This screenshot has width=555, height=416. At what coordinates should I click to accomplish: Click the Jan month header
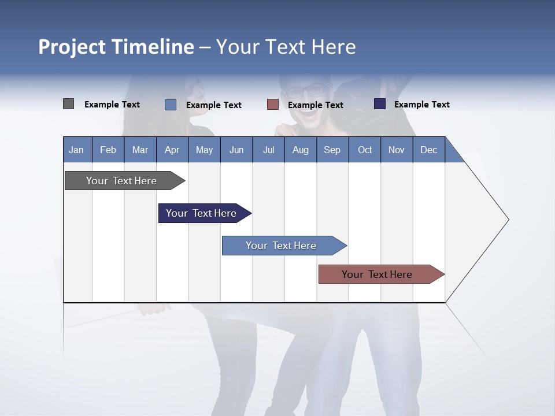(76, 150)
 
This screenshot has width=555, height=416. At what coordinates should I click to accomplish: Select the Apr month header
(172, 150)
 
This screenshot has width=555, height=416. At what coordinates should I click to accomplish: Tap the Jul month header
(268, 150)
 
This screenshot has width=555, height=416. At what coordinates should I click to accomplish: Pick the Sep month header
(332, 150)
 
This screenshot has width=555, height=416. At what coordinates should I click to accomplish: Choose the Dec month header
(428, 150)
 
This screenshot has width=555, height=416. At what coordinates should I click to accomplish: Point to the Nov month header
(396, 150)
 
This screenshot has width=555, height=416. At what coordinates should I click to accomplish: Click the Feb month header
(108, 150)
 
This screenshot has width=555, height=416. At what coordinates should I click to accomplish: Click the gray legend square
(68, 104)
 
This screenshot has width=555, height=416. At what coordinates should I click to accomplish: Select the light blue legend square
(171, 105)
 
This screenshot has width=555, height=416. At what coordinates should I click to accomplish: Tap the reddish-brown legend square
(273, 105)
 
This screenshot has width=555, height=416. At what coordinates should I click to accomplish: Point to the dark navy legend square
(379, 104)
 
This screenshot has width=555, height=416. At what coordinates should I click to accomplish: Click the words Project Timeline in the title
(116, 47)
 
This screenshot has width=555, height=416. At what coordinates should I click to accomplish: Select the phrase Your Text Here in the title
(286, 47)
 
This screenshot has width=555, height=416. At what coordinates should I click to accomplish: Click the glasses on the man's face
(306, 91)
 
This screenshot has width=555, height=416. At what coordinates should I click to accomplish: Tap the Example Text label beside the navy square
(421, 104)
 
